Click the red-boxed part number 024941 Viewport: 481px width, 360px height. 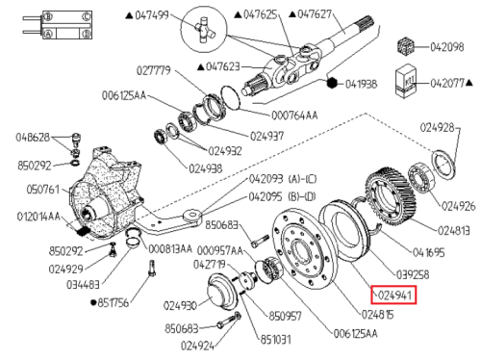coord(394,295)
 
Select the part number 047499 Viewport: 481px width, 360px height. coord(152,15)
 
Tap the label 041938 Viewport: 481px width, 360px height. coord(361,85)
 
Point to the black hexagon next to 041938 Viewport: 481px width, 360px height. coord(332,83)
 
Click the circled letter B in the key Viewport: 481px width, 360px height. coord(48,16)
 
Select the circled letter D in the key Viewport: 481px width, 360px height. coord(86,34)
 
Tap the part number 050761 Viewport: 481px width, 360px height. coord(43,190)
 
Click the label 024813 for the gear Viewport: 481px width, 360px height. coord(454,231)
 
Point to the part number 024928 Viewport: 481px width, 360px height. coord(438,128)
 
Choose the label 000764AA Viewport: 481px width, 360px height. coord(294,116)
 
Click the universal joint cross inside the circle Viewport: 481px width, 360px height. coord(204,30)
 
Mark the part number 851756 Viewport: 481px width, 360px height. coord(113,302)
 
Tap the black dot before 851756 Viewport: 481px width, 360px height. coord(93,302)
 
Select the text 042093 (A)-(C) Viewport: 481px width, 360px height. coord(283,179)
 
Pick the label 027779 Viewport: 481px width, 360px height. coord(154,70)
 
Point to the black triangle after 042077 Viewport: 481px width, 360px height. coord(468,83)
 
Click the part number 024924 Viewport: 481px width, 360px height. coord(197,346)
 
